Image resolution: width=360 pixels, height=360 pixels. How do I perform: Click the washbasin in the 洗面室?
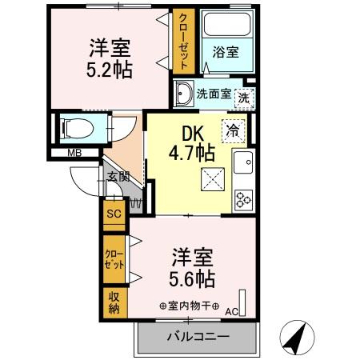(x=184, y=93)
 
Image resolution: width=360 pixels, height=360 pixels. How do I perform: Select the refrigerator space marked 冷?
(x=234, y=127)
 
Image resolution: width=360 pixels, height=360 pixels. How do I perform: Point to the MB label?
(x=74, y=153)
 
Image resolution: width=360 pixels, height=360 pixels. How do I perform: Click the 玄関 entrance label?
(x=118, y=177)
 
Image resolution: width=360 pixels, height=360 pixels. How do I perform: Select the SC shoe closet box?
(x=114, y=214)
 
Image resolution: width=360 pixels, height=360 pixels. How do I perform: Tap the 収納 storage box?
(x=113, y=302)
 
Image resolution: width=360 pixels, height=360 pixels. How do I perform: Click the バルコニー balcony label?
(x=197, y=337)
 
